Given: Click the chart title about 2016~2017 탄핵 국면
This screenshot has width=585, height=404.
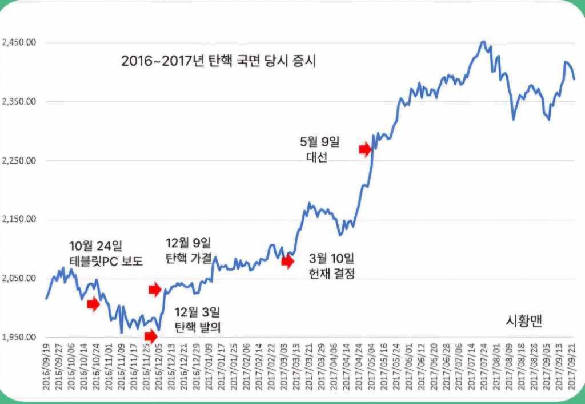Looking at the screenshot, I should tap(219, 61).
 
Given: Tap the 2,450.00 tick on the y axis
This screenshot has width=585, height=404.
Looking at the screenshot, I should tap(19, 42).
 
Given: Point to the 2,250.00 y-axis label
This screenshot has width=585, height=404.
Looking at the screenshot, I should tap(19, 160).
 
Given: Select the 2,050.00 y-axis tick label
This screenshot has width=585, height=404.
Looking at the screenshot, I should tap(19, 278).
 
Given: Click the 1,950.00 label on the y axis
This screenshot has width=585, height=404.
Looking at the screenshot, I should tap(19, 337).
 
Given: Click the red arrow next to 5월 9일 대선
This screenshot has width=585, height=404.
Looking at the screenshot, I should tap(365, 149).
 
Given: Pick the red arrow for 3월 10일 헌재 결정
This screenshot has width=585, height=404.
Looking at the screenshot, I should tap(288, 262).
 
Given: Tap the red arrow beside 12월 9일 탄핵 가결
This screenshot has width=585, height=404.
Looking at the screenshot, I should tap(155, 290).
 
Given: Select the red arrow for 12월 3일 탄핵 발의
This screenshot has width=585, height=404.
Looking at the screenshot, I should tap(150, 336).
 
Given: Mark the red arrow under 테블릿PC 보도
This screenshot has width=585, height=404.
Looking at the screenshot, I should tap(93, 304).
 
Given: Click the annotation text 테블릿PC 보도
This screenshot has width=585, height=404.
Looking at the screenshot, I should tap(106, 262).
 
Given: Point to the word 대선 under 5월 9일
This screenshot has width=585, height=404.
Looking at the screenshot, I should tap(313, 158).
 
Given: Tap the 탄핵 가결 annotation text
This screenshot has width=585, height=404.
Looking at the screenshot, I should tap(188, 256).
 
